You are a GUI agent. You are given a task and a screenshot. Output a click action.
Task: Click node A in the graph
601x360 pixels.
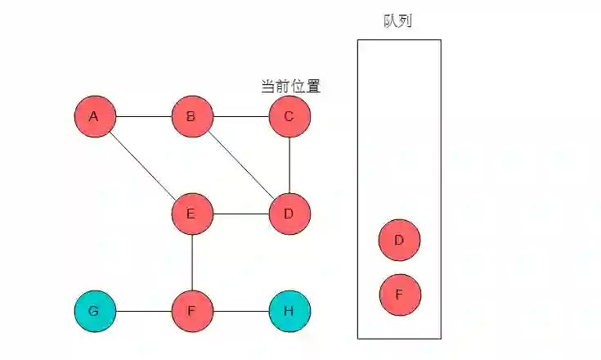(95, 116)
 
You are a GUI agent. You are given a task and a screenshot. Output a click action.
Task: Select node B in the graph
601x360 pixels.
(192, 116)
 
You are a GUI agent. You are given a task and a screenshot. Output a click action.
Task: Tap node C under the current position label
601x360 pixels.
(289, 116)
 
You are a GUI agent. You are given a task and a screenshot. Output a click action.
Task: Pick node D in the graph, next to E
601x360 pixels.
(289, 214)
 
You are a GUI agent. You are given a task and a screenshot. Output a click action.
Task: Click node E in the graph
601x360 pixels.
(192, 214)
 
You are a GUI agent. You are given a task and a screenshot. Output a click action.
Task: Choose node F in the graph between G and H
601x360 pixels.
(192, 311)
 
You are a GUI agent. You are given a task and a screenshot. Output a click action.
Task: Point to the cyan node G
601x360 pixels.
(95, 311)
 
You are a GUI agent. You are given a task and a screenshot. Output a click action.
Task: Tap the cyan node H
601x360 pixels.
(289, 311)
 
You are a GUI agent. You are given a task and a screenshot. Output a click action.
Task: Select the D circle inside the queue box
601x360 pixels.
(400, 240)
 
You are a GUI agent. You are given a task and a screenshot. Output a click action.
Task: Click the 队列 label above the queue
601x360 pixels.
(397, 21)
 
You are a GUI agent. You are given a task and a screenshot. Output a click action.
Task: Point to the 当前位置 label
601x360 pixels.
(289, 85)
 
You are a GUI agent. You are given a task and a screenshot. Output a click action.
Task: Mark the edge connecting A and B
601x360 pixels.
(143, 116)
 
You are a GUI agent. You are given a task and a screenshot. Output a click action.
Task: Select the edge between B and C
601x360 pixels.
(240, 116)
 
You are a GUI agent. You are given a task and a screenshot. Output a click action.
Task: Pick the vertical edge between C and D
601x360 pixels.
(289, 165)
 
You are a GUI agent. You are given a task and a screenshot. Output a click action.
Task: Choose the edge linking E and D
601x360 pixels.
(240, 214)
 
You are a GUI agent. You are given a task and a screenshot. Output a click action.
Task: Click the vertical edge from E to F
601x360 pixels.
(192, 263)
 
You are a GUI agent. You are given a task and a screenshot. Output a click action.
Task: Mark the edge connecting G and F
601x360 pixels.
(143, 311)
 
